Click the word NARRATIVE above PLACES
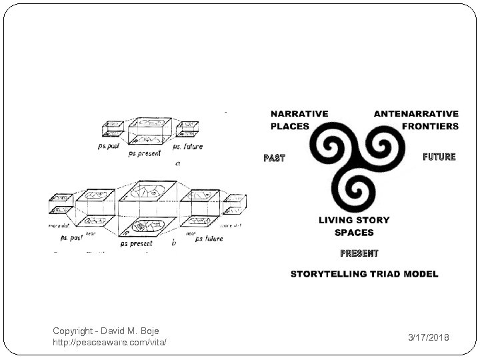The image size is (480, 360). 299,114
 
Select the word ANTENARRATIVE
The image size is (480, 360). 416,114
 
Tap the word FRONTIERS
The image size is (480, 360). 431,126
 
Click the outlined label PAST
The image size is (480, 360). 274,159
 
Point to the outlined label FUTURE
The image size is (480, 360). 439,157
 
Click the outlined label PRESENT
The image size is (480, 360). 359,253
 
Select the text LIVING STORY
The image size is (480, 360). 354,220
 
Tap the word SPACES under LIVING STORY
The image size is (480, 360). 354,233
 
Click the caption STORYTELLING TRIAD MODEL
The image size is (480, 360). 364,274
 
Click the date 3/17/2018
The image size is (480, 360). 429,338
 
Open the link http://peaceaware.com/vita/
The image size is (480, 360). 109,342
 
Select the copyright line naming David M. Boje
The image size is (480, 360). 106,331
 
